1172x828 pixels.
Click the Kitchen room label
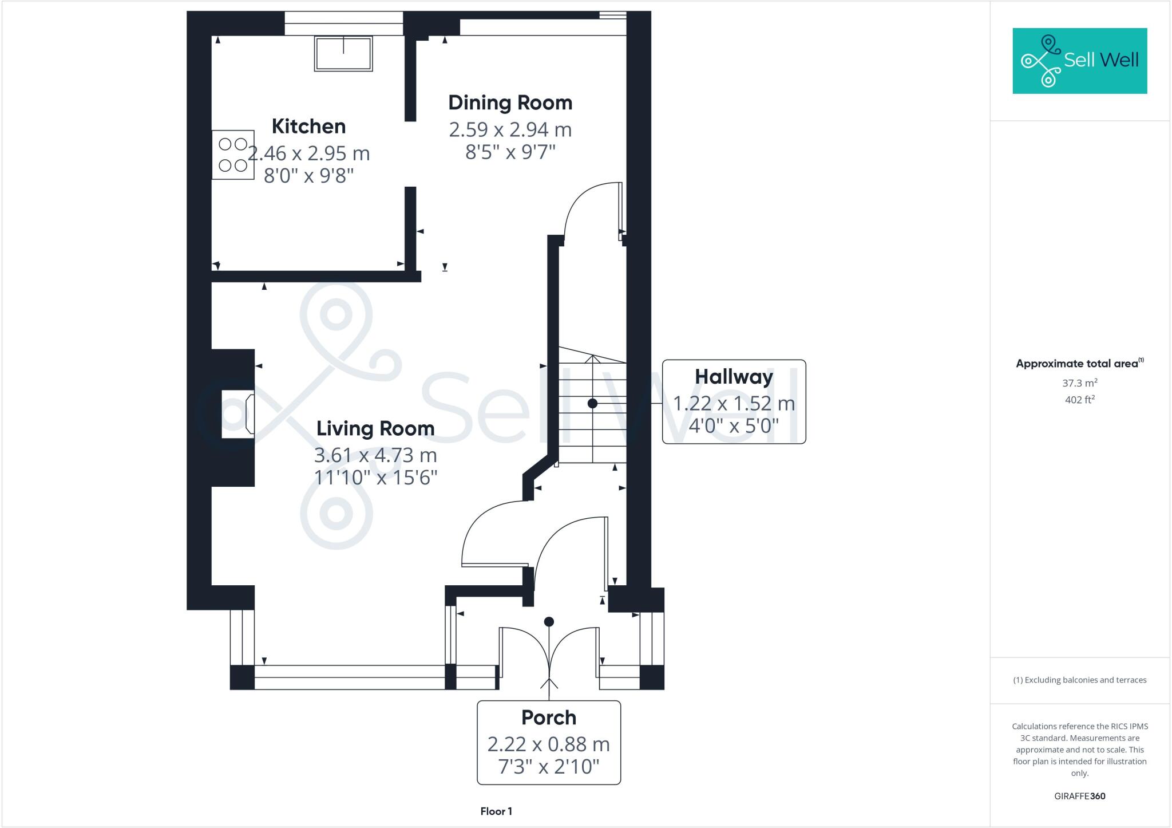[308, 127]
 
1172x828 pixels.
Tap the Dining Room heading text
[510, 103]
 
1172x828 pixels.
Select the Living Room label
[375, 428]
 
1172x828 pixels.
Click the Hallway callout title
[734, 377]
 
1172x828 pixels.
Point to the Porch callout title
[548, 717]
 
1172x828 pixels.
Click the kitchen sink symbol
[343, 53]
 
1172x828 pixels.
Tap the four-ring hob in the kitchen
[233, 155]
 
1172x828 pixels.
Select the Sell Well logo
[1079, 61]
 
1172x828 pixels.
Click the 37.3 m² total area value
[1079, 383]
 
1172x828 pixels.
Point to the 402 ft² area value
[1079, 400]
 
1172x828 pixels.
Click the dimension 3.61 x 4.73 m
[375, 455]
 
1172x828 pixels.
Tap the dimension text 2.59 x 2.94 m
[510, 130]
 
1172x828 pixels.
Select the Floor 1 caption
[496, 811]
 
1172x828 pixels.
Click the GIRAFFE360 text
[1079, 796]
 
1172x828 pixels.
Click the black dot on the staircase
[592, 404]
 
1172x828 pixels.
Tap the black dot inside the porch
[549, 621]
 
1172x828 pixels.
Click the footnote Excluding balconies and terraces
[1079, 680]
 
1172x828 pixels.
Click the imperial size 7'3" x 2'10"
[548, 766]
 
